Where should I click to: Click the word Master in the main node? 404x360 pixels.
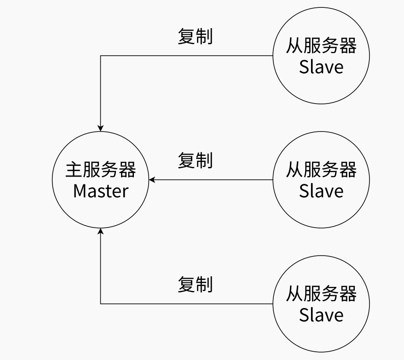[101, 191]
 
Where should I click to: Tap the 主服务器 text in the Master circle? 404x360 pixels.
[101, 170]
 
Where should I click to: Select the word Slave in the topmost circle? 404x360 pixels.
[321, 67]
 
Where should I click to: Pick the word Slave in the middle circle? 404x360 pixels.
[321, 191]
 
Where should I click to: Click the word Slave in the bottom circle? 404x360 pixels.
[321, 315]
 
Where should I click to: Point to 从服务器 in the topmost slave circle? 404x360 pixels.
[321, 46]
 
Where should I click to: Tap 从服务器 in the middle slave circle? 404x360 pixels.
[321, 170]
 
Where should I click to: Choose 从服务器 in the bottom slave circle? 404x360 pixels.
[321, 294]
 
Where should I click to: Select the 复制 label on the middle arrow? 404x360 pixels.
[195, 160]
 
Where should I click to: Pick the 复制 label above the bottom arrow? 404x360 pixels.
[195, 285]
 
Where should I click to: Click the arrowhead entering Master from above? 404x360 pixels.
[101, 128]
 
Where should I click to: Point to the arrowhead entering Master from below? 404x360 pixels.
[101, 231]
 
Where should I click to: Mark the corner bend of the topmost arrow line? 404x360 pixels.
[101, 56]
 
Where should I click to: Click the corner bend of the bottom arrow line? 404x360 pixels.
[101, 303]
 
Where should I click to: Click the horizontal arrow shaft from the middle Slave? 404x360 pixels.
[212, 180]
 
